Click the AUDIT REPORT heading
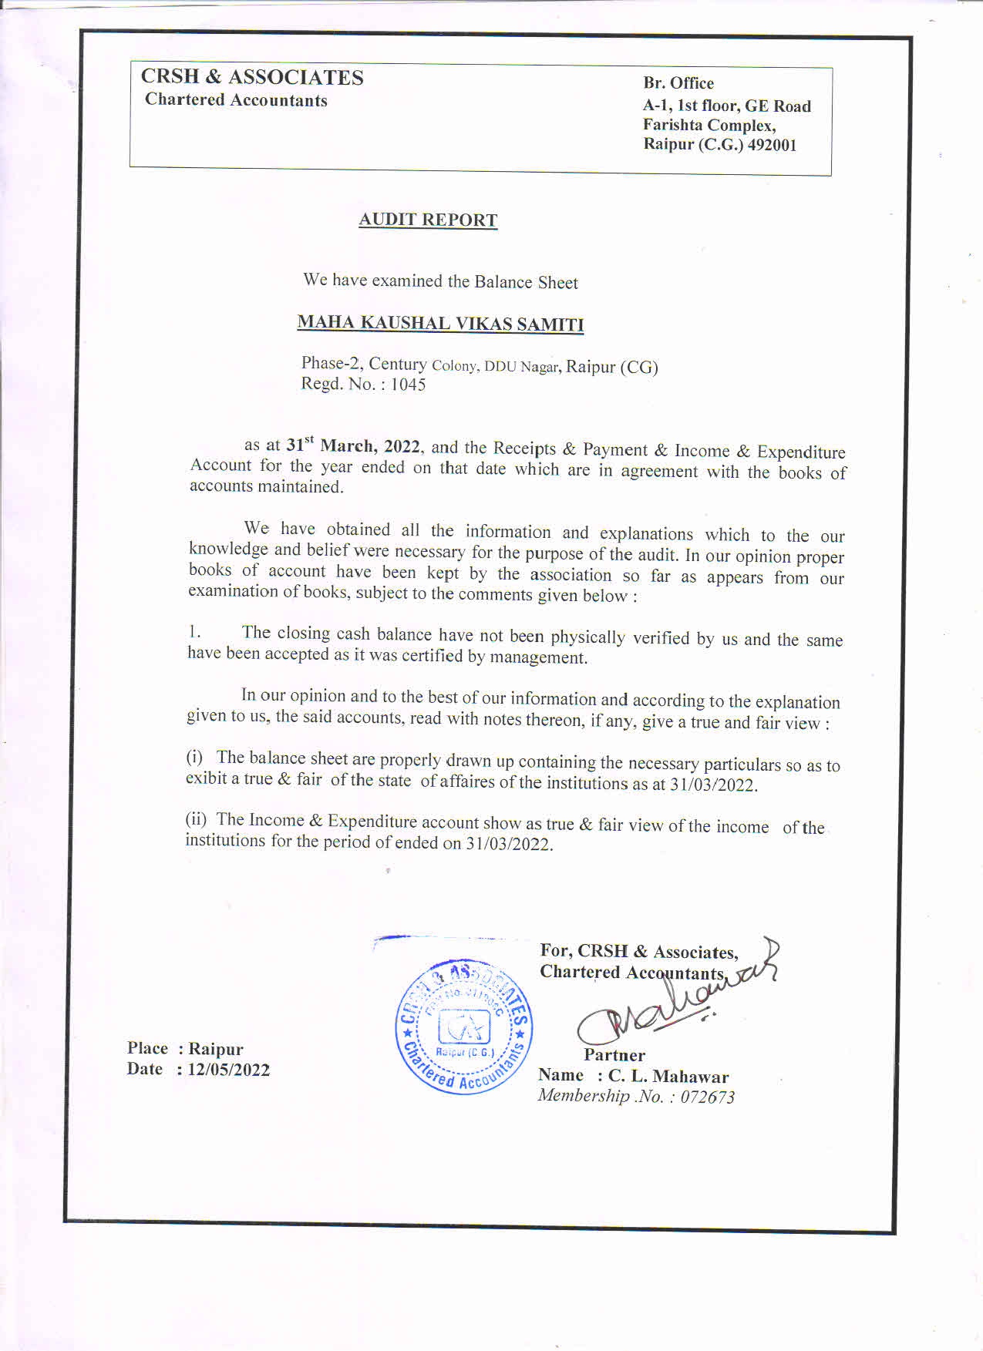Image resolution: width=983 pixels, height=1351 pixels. coord(428,220)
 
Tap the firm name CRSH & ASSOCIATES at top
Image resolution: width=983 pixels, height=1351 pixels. coord(252,77)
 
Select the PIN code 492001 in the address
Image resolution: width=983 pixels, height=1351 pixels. coord(772,145)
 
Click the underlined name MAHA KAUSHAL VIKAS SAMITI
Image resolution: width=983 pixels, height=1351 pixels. coord(440,323)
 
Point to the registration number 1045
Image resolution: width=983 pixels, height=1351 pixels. coord(408,385)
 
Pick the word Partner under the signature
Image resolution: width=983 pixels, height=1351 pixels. coord(614,1055)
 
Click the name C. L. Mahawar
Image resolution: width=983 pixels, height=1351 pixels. coord(668,1076)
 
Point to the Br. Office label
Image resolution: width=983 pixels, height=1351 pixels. coord(678,83)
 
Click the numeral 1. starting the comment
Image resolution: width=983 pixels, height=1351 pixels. coord(194,632)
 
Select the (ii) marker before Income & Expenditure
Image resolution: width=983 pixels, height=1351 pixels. coord(196,818)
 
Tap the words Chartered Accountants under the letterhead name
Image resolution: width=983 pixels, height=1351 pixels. coord(236,100)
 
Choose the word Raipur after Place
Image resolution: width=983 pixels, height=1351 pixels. coord(216,1049)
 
